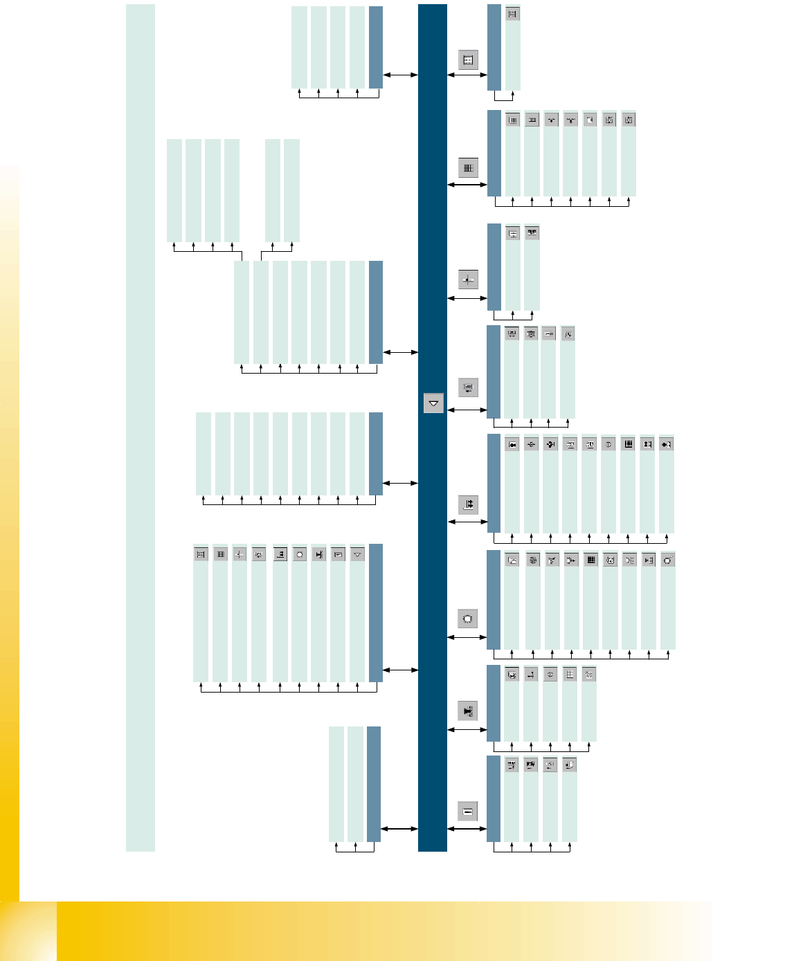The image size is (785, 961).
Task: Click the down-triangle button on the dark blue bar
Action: coord(433,403)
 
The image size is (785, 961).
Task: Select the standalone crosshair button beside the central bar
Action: coord(468,280)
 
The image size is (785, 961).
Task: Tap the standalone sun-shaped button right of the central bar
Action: coord(468,619)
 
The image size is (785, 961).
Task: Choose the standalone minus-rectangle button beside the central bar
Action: coord(468,812)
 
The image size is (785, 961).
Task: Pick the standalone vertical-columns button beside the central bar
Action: coord(468,167)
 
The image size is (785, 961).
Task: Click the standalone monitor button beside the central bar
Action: coord(468,387)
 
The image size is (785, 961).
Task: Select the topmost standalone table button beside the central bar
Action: coord(468,60)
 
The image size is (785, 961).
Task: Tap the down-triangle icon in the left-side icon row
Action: coord(357,554)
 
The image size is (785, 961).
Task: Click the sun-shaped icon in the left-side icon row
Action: coord(299,554)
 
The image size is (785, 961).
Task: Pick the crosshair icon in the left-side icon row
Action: coord(240,554)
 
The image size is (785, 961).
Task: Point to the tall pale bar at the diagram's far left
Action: coord(140,428)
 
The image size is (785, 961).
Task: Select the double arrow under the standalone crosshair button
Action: coord(468,298)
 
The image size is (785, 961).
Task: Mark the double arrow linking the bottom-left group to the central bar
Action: coord(399,828)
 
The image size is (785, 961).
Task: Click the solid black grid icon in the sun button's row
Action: coord(590,560)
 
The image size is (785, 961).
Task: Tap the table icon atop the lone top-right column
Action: coord(512,14)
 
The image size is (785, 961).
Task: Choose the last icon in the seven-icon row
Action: coord(629,120)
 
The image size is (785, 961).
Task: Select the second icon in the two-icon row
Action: coord(532,233)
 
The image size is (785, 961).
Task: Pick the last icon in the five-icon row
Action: coord(588,674)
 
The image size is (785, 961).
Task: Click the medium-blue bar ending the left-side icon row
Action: coord(376,612)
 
